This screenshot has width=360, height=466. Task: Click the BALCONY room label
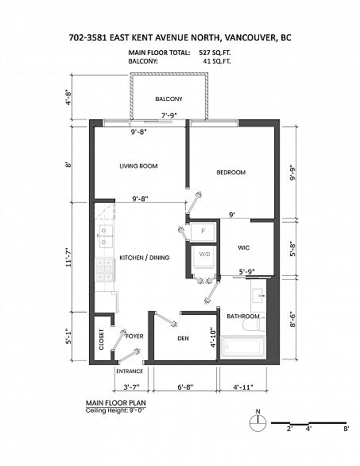click(x=168, y=99)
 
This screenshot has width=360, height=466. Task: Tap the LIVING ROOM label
click(x=138, y=166)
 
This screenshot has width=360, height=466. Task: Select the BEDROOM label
click(x=231, y=173)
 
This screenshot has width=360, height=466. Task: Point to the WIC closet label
click(x=245, y=247)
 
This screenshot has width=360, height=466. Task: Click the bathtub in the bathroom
click(x=244, y=348)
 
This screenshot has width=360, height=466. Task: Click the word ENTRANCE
click(x=129, y=371)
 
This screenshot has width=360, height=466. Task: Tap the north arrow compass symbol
click(x=257, y=421)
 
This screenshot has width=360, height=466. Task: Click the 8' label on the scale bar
click(x=346, y=429)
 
